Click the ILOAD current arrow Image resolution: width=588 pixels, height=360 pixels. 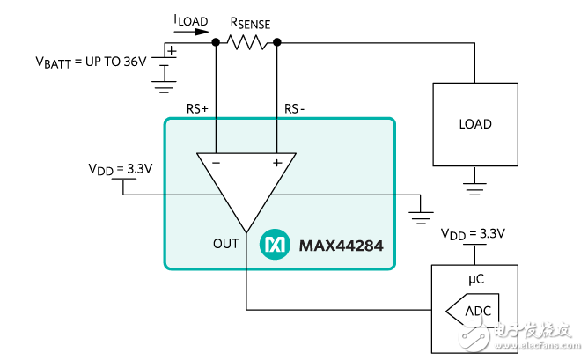click(x=195, y=33)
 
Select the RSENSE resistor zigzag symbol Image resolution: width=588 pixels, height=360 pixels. click(x=246, y=40)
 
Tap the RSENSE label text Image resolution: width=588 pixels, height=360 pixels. click(x=250, y=24)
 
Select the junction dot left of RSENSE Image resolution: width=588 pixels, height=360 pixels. click(x=216, y=41)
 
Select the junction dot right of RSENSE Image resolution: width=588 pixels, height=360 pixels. click(x=277, y=41)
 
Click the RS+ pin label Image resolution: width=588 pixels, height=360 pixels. click(x=197, y=109)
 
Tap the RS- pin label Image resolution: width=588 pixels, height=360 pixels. click(x=295, y=109)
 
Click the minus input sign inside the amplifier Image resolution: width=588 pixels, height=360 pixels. click(x=216, y=163)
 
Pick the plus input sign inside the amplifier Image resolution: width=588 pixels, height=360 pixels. click(x=277, y=163)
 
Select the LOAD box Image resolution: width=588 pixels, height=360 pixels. click(x=474, y=124)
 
